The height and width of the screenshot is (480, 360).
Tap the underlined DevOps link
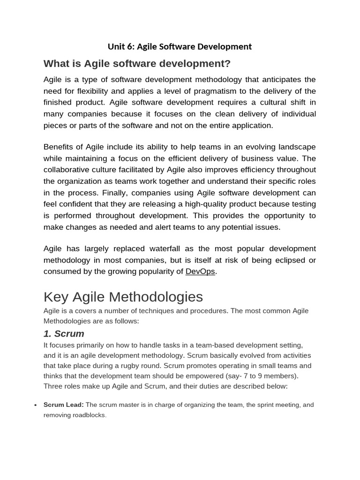pos(200,271)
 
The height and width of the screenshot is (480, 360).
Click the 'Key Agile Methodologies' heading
pos(123,297)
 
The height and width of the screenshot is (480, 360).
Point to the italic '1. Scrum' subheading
pos(64,334)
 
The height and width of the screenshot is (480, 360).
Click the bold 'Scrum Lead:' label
pos(63,405)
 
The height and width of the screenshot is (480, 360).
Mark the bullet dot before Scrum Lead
pos(35,405)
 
